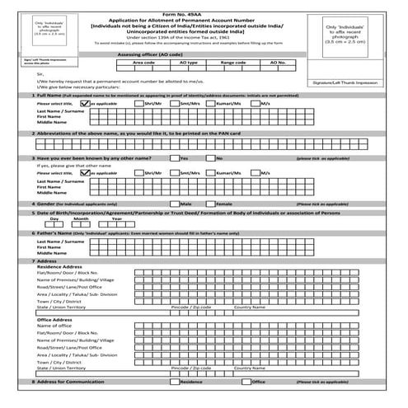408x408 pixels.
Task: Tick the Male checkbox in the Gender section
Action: pyautogui.click(x=174, y=202)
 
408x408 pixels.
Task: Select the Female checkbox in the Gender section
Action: pyautogui.click(x=210, y=202)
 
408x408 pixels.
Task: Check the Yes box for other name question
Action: pyautogui.click(x=174, y=157)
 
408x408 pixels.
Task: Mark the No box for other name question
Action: pyautogui.click(x=210, y=157)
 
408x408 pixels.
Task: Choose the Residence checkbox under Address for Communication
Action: pyautogui.click(x=174, y=382)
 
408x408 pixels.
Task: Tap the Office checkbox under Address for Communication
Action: pyautogui.click(x=246, y=382)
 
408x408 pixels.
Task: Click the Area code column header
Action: pyautogui.click(x=143, y=62)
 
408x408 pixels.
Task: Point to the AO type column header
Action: pyautogui.click(x=188, y=62)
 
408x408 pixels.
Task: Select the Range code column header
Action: pyautogui.click(x=233, y=62)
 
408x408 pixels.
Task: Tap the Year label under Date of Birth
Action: pyautogui.click(x=117, y=219)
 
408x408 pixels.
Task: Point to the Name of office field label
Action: pyautogui.click(x=54, y=326)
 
